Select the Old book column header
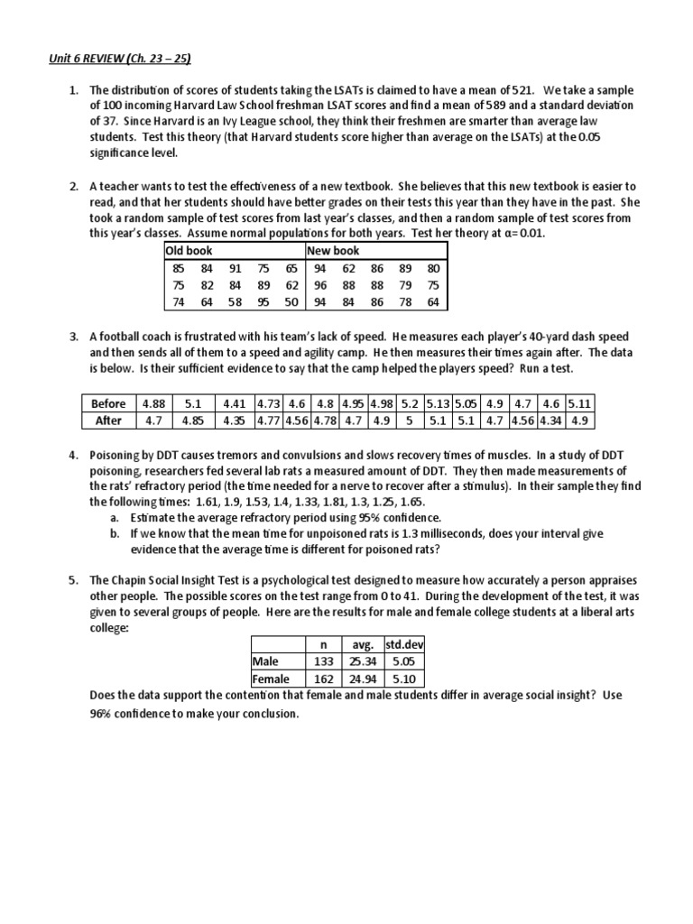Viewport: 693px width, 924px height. click(189, 251)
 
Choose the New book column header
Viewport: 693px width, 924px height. click(333, 251)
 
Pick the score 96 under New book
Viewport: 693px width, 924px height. click(319, 285)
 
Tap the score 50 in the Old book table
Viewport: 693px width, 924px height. click(291, 302)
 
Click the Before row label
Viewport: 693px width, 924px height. click(108, 403)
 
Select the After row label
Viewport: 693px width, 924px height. click(108, 420)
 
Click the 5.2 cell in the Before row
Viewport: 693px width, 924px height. click(409, 403)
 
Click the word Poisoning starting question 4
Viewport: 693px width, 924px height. click(119, 456)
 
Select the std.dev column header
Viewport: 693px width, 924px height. click(404, 645)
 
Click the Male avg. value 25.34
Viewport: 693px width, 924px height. click(361, 662)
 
